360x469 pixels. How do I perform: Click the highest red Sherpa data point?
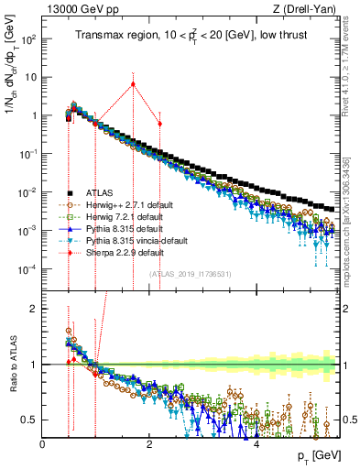tap(133, 84)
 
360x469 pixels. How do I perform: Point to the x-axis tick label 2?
tap(150, 445)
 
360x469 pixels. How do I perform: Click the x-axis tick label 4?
tap(256, 445)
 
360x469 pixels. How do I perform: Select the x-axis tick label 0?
tap(43, 445)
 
